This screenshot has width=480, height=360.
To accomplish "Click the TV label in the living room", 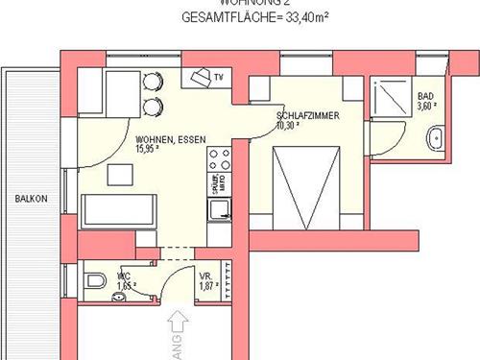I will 219,76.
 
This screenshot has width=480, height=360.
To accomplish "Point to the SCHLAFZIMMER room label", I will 306,114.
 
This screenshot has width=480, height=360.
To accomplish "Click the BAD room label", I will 425,97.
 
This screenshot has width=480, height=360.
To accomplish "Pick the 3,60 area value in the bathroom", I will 425,108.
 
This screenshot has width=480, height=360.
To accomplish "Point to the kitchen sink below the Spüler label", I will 220,207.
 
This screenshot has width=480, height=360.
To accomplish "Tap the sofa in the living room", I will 118,210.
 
